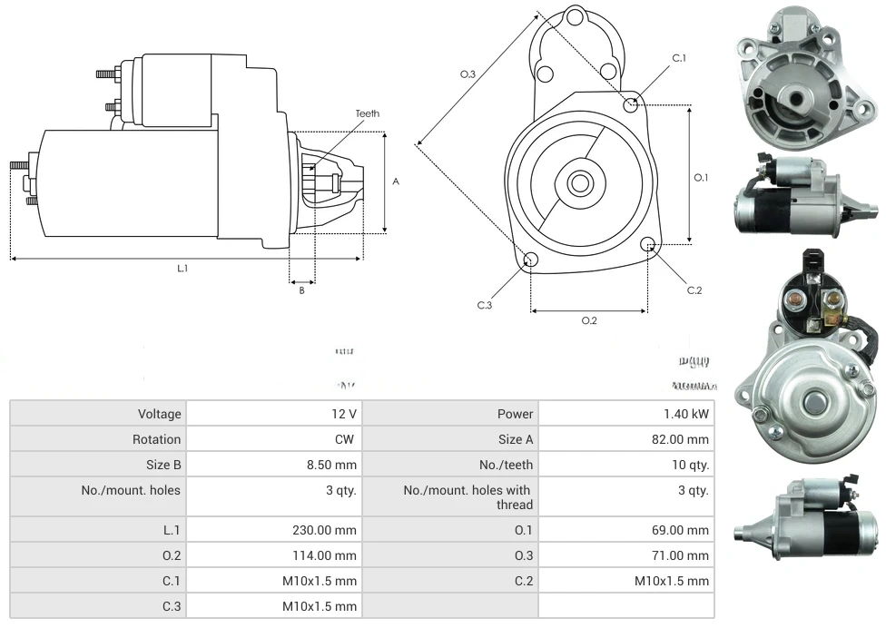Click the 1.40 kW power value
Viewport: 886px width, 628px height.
pos(686,414)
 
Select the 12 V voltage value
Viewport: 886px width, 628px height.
pos(344,414)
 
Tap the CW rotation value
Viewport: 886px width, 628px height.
pos(347,439)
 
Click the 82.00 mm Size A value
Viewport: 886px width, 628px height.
pos(685,439)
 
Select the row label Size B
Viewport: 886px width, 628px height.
pos(163,465)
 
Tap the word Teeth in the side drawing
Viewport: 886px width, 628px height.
pos(368,113)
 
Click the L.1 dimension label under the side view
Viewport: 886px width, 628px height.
pos(182,269)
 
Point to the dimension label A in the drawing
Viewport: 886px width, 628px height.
pos(396,182)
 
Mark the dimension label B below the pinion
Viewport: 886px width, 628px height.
pos(302,290)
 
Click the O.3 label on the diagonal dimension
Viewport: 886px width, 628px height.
pos(468,74)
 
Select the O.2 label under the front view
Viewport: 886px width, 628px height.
pos(589,320)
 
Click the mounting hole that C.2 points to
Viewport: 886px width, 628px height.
pos(648,245)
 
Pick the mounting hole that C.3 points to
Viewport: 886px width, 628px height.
pos(531,261)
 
